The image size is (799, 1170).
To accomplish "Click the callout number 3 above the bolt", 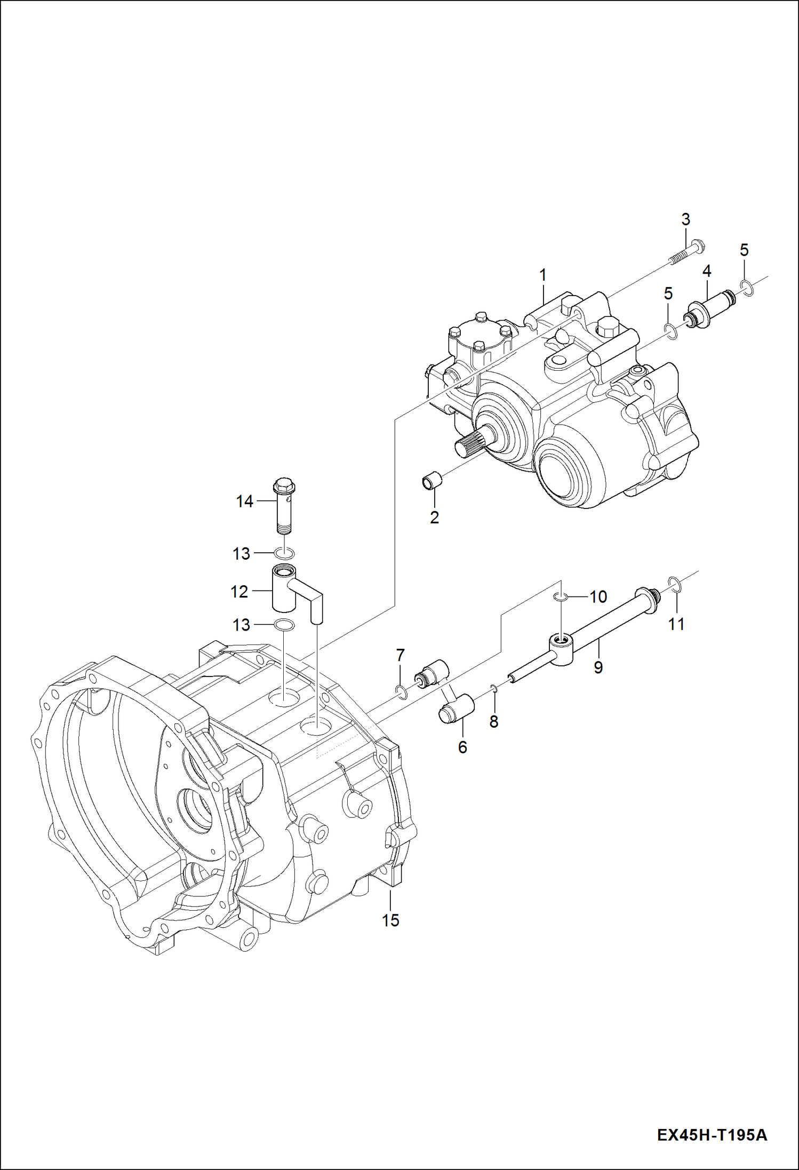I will [x=685, y=219].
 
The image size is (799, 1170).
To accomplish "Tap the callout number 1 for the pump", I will [x=542, y=275].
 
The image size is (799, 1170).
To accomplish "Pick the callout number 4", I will [x=706, y=271].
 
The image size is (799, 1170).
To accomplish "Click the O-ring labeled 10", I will [x=559, y=596].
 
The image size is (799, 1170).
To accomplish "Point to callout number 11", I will [x=676, y=624].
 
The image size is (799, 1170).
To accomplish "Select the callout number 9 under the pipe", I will [x=598, y=667].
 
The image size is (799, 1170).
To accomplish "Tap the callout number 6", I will [x=462, y=747].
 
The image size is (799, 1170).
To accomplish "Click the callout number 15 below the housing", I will [x=390, y=920].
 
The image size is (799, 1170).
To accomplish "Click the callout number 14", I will [x=244, y=502].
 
